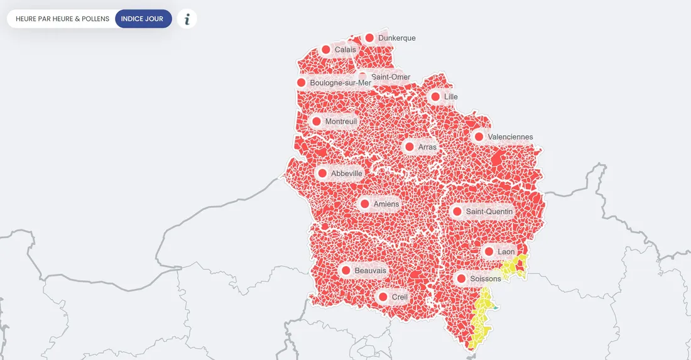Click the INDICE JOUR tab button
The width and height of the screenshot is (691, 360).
[143, 19]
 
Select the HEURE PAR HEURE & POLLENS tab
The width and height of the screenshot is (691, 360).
[62, 19]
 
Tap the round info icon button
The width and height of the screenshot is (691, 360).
[187, 19]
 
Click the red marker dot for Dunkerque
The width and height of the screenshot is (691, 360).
[369, 38]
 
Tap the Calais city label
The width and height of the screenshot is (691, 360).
[345, 50]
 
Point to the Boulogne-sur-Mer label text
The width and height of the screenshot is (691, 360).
[340, 83]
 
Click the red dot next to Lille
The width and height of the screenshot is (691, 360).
[435, 97]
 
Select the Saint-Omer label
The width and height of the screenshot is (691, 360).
[391, 77]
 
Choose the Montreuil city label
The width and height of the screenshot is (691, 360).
[341, 121]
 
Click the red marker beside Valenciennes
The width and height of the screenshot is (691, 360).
[479, 137]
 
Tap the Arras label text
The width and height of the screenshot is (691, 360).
[427, 147]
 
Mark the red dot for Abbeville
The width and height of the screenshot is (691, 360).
[322, 173]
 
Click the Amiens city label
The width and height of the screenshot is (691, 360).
[386, 204]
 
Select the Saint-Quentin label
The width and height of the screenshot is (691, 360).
[489, 212]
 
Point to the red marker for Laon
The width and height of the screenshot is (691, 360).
[489, 252]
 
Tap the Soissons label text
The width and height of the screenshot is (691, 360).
[486, 278]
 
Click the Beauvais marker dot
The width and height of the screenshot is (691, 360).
[345, 271]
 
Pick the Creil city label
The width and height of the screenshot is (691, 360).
[400, 297]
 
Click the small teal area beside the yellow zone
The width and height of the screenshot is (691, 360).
[495, 308]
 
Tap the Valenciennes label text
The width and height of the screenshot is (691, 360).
[510, 137]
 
